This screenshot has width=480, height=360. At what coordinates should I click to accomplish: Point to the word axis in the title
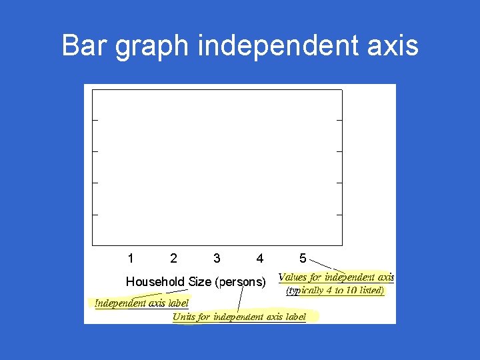click(393, 46)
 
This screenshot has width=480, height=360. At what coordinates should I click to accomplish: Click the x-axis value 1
click(131, 258)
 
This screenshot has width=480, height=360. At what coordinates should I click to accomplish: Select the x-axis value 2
click(173, 258)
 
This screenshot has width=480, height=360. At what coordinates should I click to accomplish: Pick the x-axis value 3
click(217, 258)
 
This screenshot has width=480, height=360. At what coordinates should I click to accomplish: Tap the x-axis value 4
click(259, 258)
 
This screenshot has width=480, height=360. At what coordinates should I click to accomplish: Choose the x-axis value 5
click(303, 258)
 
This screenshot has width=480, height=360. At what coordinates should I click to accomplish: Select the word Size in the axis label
click(200, 282)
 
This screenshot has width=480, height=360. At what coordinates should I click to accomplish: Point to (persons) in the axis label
click(240, 282)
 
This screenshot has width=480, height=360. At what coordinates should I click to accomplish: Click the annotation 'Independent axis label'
click(141, 303)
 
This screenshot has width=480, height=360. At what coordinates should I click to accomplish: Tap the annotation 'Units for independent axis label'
click(239, 317)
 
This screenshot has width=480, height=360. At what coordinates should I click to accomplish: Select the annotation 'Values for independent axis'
click(336, 277)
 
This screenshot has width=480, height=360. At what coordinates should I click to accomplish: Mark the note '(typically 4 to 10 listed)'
click(335, 291)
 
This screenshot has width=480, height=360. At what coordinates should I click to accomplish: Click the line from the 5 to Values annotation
click(327, 265)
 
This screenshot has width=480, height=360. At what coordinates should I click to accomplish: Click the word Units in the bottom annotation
click(183, 317)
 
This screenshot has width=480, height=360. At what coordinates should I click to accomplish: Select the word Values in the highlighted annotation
click(293, 277)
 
